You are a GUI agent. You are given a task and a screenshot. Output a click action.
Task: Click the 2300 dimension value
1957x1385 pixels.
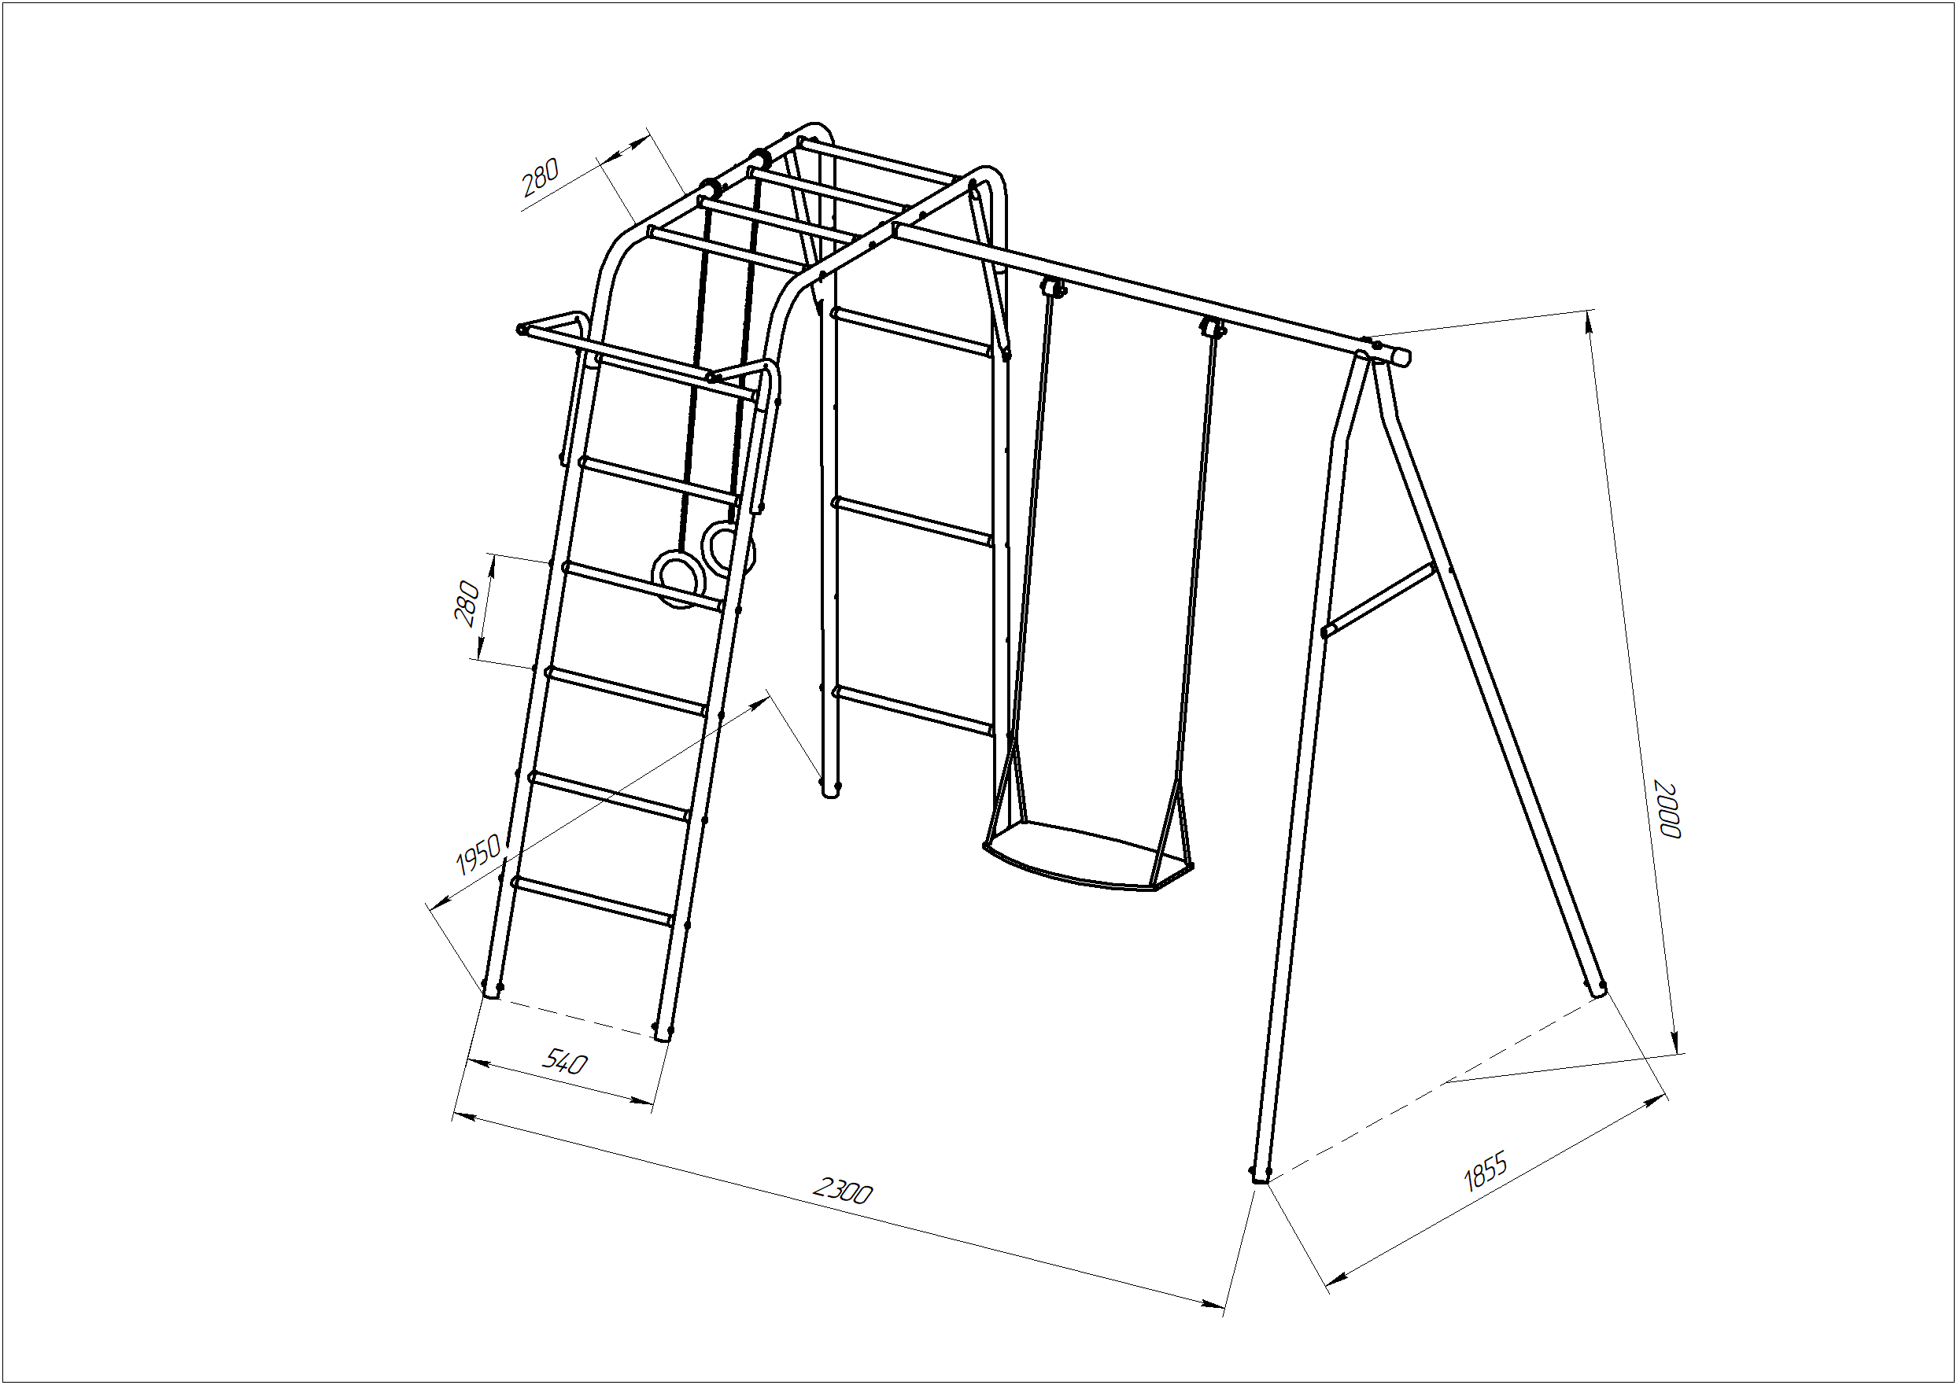point(842,1190)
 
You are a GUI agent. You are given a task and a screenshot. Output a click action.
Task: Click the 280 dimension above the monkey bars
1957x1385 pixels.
point(540,179)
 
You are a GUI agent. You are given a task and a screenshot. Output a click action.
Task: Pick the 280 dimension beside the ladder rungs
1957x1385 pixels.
point(467,604)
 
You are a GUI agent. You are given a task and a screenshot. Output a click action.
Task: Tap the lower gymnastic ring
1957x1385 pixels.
point(678,579)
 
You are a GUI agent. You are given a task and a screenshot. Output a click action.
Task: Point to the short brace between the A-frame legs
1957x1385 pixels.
point(1375,600)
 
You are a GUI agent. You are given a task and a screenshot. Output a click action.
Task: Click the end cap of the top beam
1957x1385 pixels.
point(1400,355)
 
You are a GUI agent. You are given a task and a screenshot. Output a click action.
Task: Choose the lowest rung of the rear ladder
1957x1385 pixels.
point(914,709)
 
